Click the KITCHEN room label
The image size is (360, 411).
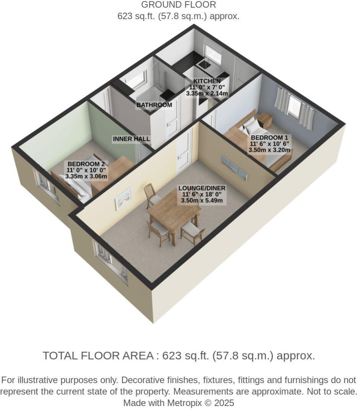click(x=207, y=81)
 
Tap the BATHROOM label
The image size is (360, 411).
click(x=154, y=105)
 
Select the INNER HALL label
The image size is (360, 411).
click(x=131, y=139)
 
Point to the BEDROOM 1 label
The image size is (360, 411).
click(x=269, y=138)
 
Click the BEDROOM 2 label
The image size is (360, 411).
click(x=86, y=164)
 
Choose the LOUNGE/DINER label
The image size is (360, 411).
click(x=202, y=188)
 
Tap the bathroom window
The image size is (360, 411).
click(x=140, y=79)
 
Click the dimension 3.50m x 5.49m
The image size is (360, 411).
click(x=202, y=201)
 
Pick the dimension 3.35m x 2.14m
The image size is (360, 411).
click(x=207, y=93)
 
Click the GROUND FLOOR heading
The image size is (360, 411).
click(x=178, y=5)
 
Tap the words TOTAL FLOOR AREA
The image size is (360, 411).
click(x=97, y=356)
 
